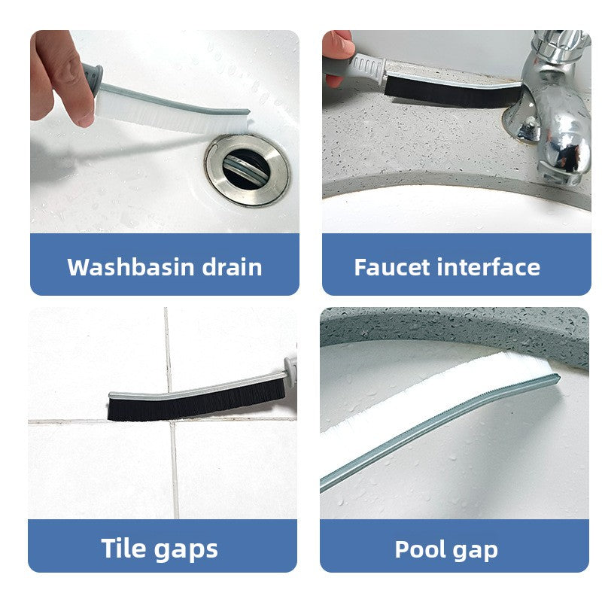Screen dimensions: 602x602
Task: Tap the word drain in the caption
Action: click(x=233, y=267)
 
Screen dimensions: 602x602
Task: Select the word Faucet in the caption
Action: click(x=392, y=267)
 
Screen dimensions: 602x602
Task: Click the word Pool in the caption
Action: click(x=418, y=549)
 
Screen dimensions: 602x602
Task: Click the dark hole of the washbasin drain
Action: click(x=246, y=169)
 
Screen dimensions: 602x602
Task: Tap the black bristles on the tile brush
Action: click(x=196, y=404)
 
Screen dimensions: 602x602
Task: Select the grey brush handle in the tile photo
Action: click(x=290, y=371)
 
